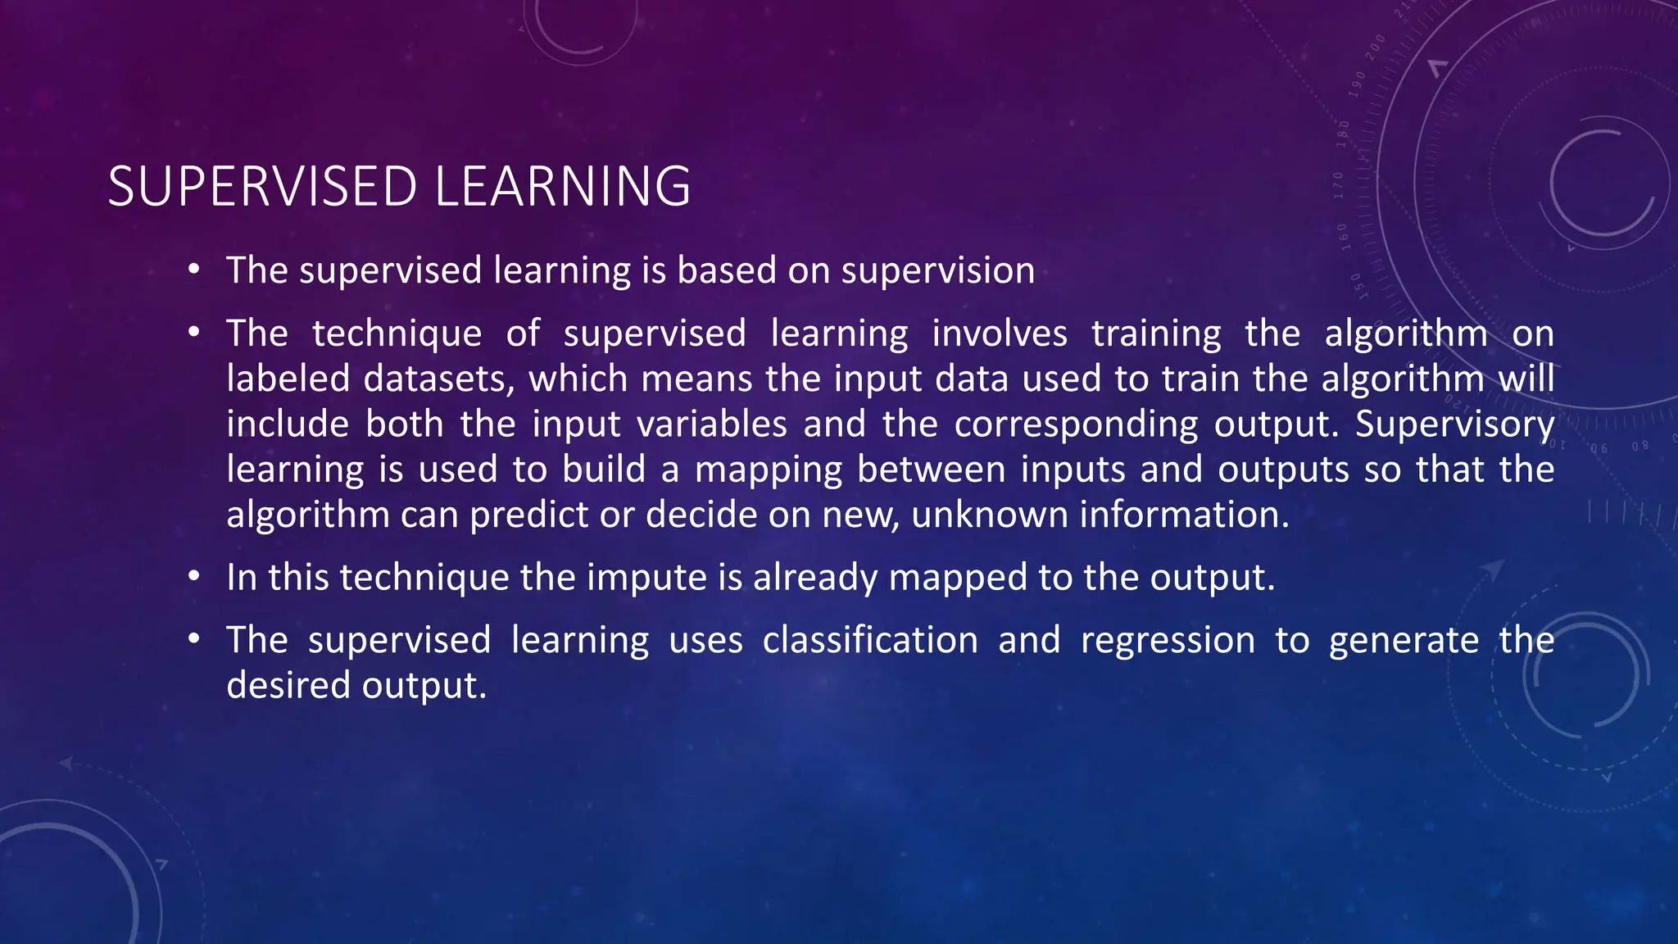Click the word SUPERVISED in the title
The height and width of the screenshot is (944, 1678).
click(262, 187)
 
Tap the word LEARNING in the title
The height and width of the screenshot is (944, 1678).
click(562, 187)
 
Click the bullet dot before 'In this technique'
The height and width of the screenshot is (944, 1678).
click(193, 577)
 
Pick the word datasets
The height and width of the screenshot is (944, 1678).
click(440, 379)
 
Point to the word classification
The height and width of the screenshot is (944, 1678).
click(870, 640)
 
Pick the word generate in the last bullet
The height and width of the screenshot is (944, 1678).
click(1404, 641)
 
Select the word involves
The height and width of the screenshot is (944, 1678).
click(1000, 334)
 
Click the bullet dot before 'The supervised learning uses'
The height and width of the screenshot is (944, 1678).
click(193, 639)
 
